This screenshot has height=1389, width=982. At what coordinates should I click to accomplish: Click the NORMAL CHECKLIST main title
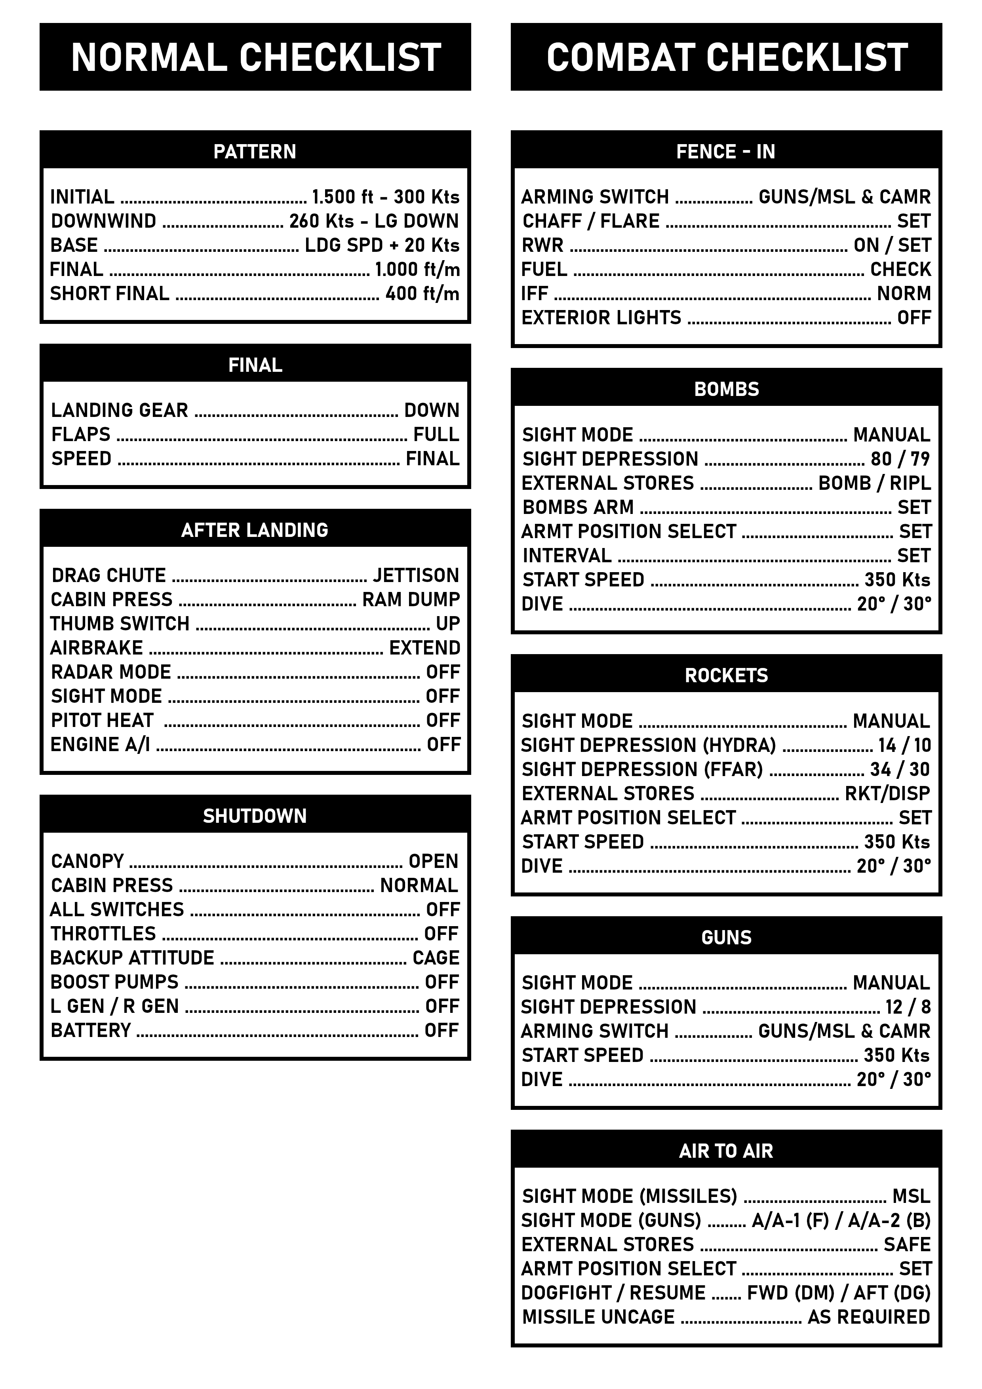coord(255,57)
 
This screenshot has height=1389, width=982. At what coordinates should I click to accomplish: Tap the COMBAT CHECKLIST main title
coord(726,57)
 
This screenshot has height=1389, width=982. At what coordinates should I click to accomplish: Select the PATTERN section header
coord(255,151)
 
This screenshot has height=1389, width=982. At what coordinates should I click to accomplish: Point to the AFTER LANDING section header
coord(255,530)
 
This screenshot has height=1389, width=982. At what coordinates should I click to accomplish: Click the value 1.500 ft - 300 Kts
coord(385,197)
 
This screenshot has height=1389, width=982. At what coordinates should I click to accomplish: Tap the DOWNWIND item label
coord(103,221)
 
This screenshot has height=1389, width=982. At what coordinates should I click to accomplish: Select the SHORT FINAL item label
coord(110,294)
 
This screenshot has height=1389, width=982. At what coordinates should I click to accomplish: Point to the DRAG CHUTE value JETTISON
coord(416,575)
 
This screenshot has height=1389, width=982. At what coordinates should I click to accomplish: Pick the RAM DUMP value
coord(411,599)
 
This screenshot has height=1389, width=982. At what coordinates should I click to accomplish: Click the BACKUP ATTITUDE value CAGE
coord(436,958)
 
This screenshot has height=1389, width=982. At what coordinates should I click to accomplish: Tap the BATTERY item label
coord(91,1031)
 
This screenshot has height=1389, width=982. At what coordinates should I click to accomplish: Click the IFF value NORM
coord(904,294)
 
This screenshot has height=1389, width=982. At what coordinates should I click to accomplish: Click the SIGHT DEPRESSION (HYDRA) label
coord(648,745)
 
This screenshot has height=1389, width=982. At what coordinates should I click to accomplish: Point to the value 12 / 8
coord(908,1007)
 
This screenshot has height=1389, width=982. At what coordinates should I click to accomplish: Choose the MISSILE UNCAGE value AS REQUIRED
coord(869,1317)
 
